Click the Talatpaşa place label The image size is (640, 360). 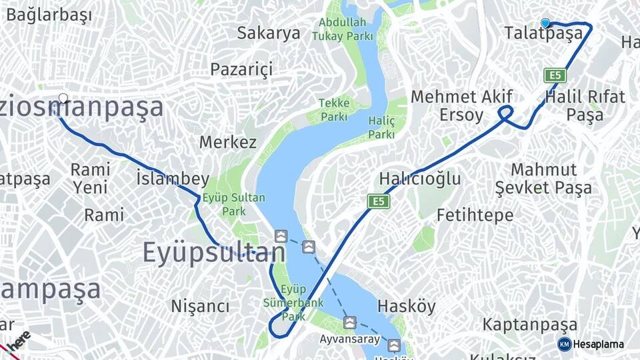[539, 33]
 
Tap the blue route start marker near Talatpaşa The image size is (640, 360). [545, 23]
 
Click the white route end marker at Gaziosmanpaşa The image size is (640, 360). [63, 99]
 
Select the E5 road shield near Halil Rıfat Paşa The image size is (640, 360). [555, 75]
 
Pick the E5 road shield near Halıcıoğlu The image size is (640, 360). [378, 201]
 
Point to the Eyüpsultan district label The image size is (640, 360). [214, 253]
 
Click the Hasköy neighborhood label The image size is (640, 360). [406, 307]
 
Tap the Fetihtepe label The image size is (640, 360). [475, 215]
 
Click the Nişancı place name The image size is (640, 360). [200, 306]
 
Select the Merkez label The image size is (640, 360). [227, 142]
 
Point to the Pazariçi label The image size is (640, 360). [242, 69]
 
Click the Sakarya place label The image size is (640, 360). [269, 33]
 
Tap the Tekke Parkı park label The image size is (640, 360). [333, 110]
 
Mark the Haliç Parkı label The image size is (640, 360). [381, 127]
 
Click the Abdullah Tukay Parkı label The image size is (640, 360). [342, 29]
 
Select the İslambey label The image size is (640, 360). [172, 179]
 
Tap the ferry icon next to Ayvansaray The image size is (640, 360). [349, 323]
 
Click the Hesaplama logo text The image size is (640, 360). [597, 345]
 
